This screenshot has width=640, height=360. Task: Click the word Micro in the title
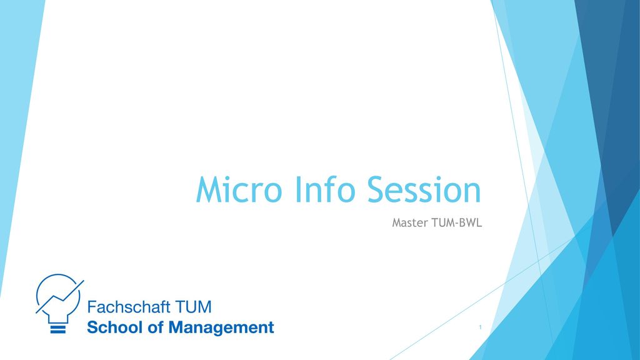[x=239, y=189]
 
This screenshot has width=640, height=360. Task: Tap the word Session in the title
[x=424, y=189]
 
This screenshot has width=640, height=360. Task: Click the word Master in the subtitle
[x=410, y=222]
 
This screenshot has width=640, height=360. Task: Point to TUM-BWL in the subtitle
[x=457, y=222]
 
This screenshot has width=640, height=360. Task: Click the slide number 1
[x=480, y=327]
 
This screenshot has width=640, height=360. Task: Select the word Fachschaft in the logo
[x=129, y=307]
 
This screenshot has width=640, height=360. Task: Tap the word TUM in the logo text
[x=194, y=307]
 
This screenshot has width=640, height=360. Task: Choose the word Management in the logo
[x=221, y=327]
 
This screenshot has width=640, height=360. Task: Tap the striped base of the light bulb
[x=57, y=329]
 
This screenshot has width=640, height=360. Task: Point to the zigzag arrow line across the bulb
[x=59, y=297]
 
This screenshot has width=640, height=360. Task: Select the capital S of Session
[x=376, y=189]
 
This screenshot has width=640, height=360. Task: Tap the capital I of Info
[x=298, y=189]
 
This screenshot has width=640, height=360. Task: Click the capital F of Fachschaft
[x=92, y=307]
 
